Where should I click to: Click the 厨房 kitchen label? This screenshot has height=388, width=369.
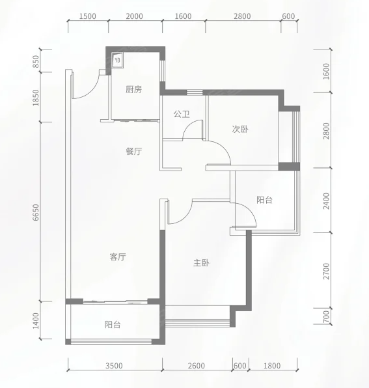(134, 89)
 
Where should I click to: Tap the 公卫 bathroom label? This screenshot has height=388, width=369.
(182, 114)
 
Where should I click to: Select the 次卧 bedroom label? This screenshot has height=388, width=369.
(240, 129)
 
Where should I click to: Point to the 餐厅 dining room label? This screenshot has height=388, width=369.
(134, 151)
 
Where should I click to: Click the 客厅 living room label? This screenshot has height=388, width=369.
(118, 257)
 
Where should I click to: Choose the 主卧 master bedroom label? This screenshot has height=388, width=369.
(201, 262)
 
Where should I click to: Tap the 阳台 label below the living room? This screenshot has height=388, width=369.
(113, 324)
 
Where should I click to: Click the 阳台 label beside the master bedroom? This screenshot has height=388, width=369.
(264, 200)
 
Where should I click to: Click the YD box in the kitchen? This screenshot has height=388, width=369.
(117, 60)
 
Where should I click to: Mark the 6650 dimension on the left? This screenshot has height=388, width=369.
(36, 212)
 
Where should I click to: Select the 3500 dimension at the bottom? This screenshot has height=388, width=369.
(114, 366)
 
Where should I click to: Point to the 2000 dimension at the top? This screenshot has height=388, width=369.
(134, 16)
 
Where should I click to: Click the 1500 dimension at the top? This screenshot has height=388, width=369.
(88, 16)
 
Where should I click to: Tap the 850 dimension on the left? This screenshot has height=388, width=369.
(36, 61)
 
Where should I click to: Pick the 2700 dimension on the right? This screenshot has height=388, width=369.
(327, 271)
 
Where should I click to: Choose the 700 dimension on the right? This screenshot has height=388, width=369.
(327, 316)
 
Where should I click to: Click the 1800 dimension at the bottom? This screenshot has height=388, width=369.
(272, 366)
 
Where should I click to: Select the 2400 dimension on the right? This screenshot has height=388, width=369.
(327, 201)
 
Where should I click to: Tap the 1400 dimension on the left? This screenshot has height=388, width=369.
(36, 321)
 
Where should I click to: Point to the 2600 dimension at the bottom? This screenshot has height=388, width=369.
(197, 366)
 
